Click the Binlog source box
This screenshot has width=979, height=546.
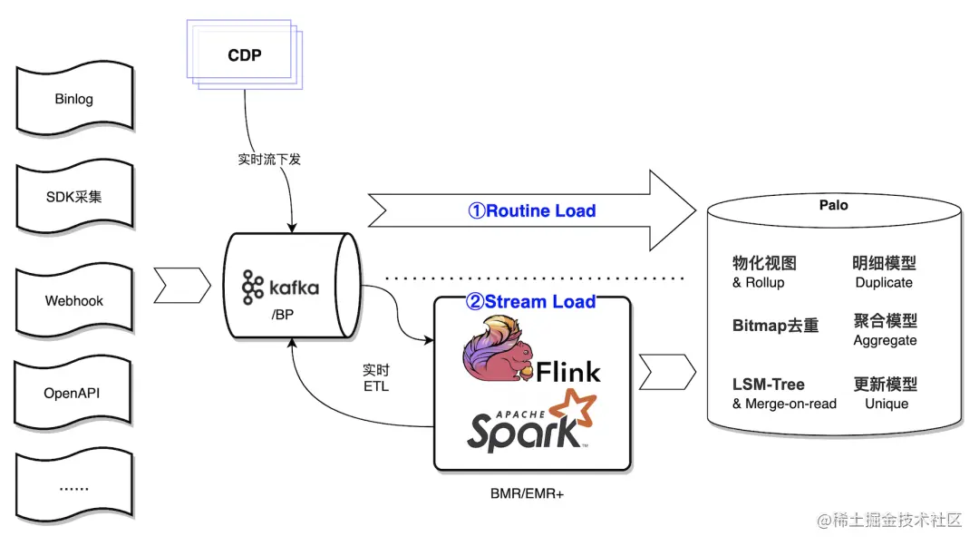[73, 99]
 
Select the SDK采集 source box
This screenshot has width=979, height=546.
[73, 198]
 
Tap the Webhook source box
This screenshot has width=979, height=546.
[73, 300]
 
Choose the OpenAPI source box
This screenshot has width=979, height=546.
[73, 394]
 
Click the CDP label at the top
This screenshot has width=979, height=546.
[244, 55]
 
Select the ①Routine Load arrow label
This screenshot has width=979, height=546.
[531, 211]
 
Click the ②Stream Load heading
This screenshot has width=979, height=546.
[531, 302]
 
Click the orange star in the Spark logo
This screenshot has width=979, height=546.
[577, 409]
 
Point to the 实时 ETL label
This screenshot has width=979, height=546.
[375, 378]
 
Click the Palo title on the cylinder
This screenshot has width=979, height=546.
[833, 205]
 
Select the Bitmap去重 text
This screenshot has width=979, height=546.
[775, 326]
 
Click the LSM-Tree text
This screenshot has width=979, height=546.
[768, 385]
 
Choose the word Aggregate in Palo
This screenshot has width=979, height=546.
[885, 341]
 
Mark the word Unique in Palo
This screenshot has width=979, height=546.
[886, 404]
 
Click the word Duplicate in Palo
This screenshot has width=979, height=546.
[884, 282]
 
